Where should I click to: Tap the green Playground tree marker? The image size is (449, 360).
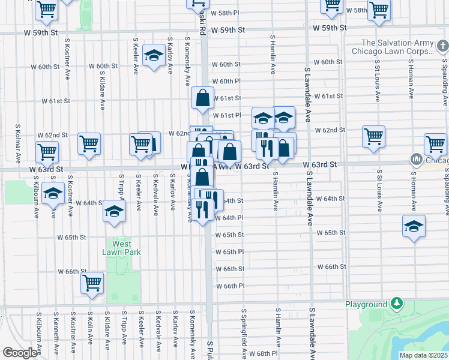click(396, 304)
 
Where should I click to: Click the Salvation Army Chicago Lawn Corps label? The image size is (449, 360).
click(396, 47)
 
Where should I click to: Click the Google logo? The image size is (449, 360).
click(20, 353)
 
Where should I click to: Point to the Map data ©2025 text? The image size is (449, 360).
click(423, 355)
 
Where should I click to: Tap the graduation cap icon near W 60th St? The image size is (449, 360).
click(154, 56)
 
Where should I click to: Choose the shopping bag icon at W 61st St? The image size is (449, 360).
click(203, 97)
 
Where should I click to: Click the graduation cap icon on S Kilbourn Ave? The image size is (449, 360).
click(53, 194)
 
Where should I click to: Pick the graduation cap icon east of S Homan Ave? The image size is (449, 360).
click(414, 226)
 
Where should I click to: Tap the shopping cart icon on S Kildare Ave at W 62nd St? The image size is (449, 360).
click(89, 143)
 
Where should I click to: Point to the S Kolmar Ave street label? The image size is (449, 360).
click(17, 143)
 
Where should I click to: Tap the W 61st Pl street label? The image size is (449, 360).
click(227, 115)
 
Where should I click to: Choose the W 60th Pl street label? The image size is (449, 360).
click(226, 81)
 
